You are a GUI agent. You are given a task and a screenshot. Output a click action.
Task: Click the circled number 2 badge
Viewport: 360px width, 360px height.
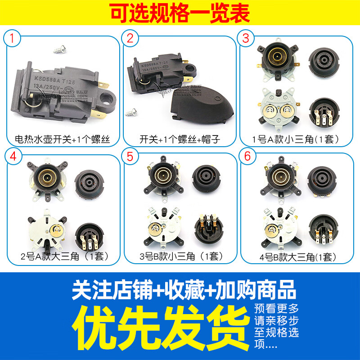tap(130, 39)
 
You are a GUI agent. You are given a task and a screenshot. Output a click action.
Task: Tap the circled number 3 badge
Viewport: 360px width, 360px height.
tap(246, 39)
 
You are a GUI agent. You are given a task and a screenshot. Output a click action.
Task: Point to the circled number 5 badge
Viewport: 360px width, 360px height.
tap(130, 157)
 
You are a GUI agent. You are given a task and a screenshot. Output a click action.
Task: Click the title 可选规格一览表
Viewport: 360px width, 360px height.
tap(180, 13)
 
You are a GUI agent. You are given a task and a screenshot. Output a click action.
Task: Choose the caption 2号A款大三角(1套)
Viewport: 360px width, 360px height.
tap(64, 257)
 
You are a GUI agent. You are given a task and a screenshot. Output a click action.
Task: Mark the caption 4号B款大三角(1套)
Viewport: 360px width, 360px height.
tap(297, 257)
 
